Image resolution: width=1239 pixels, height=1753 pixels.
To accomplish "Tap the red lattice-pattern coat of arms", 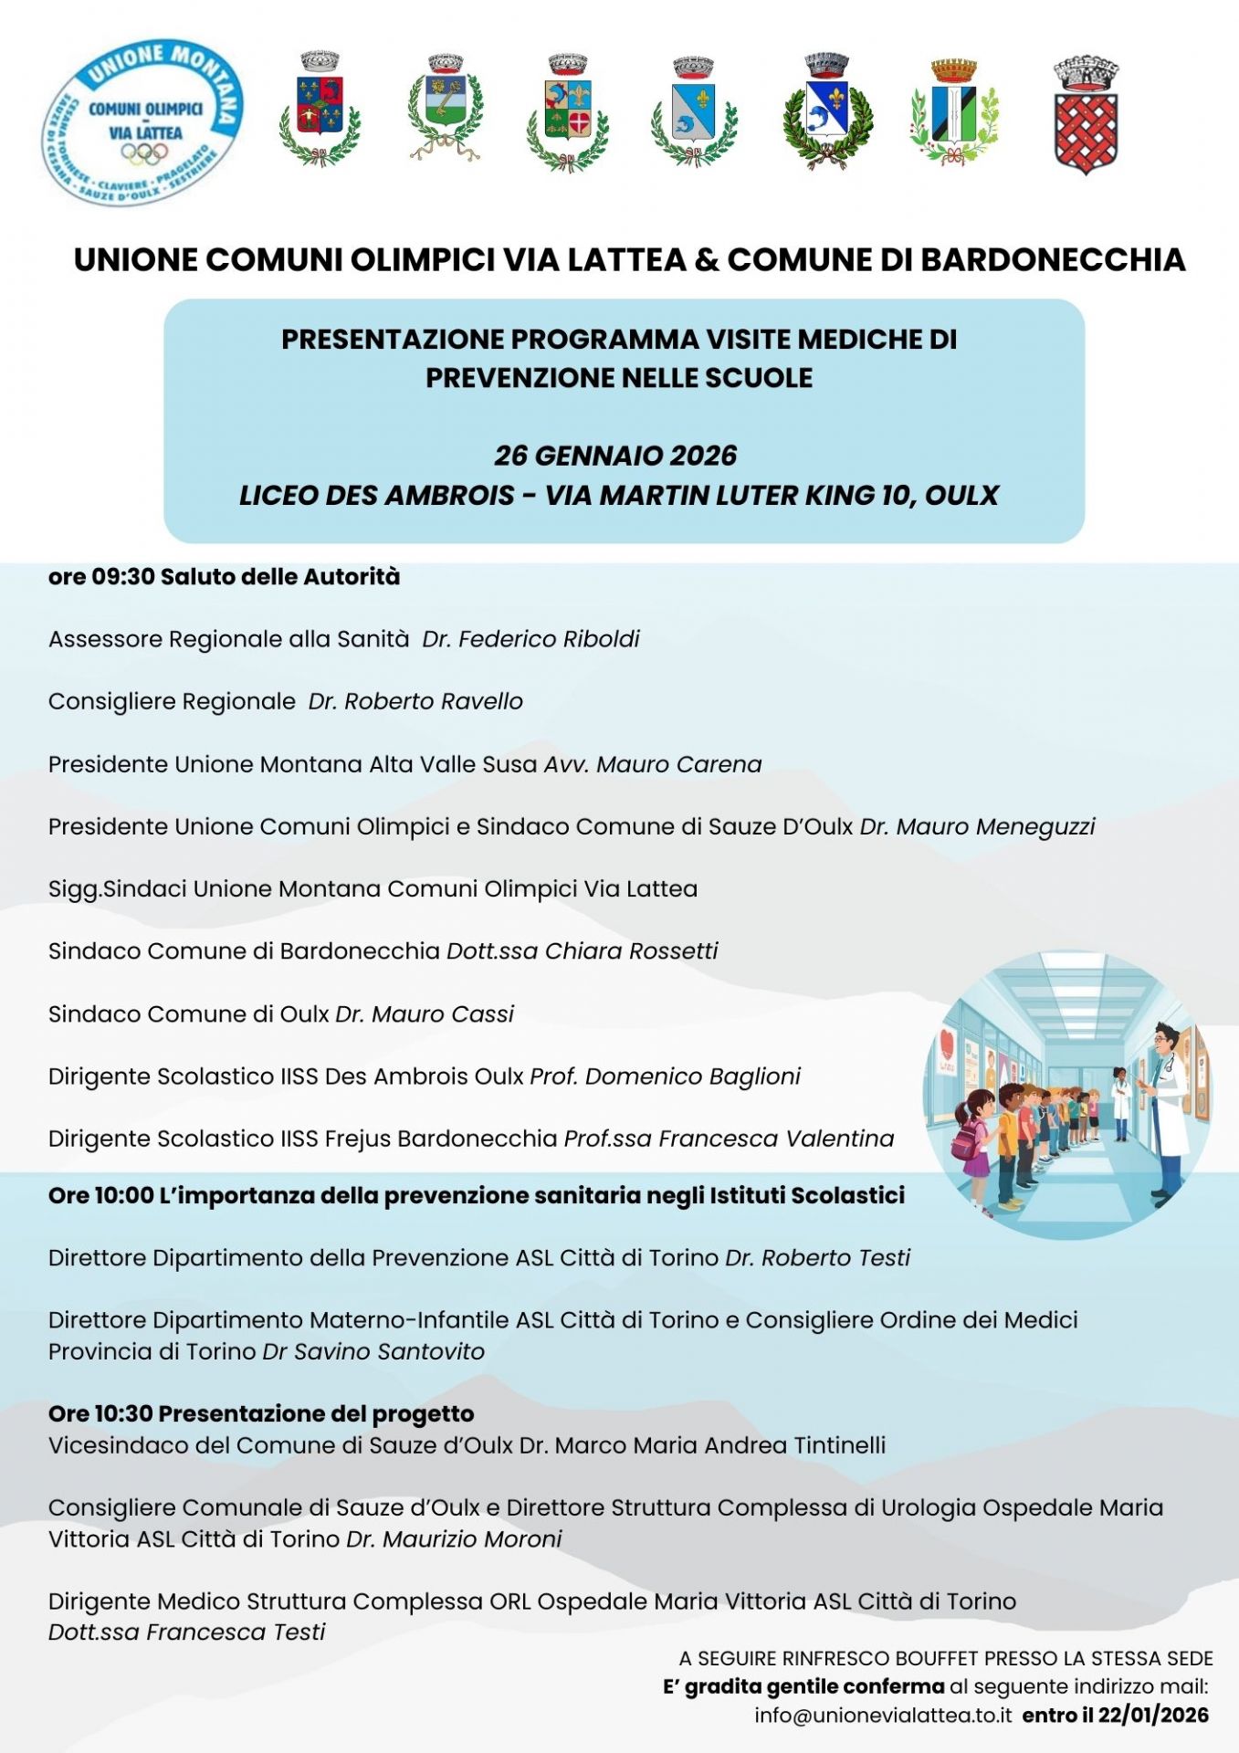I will click(x=1086, y=118).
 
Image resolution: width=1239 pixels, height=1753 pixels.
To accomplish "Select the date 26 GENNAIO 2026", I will click(x=615, y=456).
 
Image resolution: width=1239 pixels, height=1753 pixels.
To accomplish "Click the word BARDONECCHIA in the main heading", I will click(x=1053, y=260).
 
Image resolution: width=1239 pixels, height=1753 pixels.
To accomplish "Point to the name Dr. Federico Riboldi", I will click(x=530, y=639).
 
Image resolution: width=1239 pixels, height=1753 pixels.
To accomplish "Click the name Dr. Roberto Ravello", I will click(x=415, y=701).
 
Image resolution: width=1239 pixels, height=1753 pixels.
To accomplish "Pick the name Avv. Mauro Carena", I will click(x=653, y=764).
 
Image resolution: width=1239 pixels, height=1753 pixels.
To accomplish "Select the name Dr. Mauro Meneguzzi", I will click(x=977, y=826).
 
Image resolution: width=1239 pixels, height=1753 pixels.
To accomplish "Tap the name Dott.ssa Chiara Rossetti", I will click(x=583, y=951).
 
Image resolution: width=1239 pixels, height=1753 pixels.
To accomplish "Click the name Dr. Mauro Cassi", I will click(x=425, y=1013).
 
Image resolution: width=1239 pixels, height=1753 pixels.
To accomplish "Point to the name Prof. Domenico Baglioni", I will click(x=665, y=1076).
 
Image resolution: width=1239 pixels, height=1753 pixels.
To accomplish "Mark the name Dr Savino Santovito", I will click(x=373, y=1351).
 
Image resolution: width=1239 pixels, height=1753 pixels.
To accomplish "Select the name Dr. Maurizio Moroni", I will click(x=454, y=1538).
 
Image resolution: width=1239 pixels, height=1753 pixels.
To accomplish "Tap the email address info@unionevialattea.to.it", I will click(x=883, y=1716).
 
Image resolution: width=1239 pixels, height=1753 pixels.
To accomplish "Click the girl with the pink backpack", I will click(x=971, y=1146).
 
